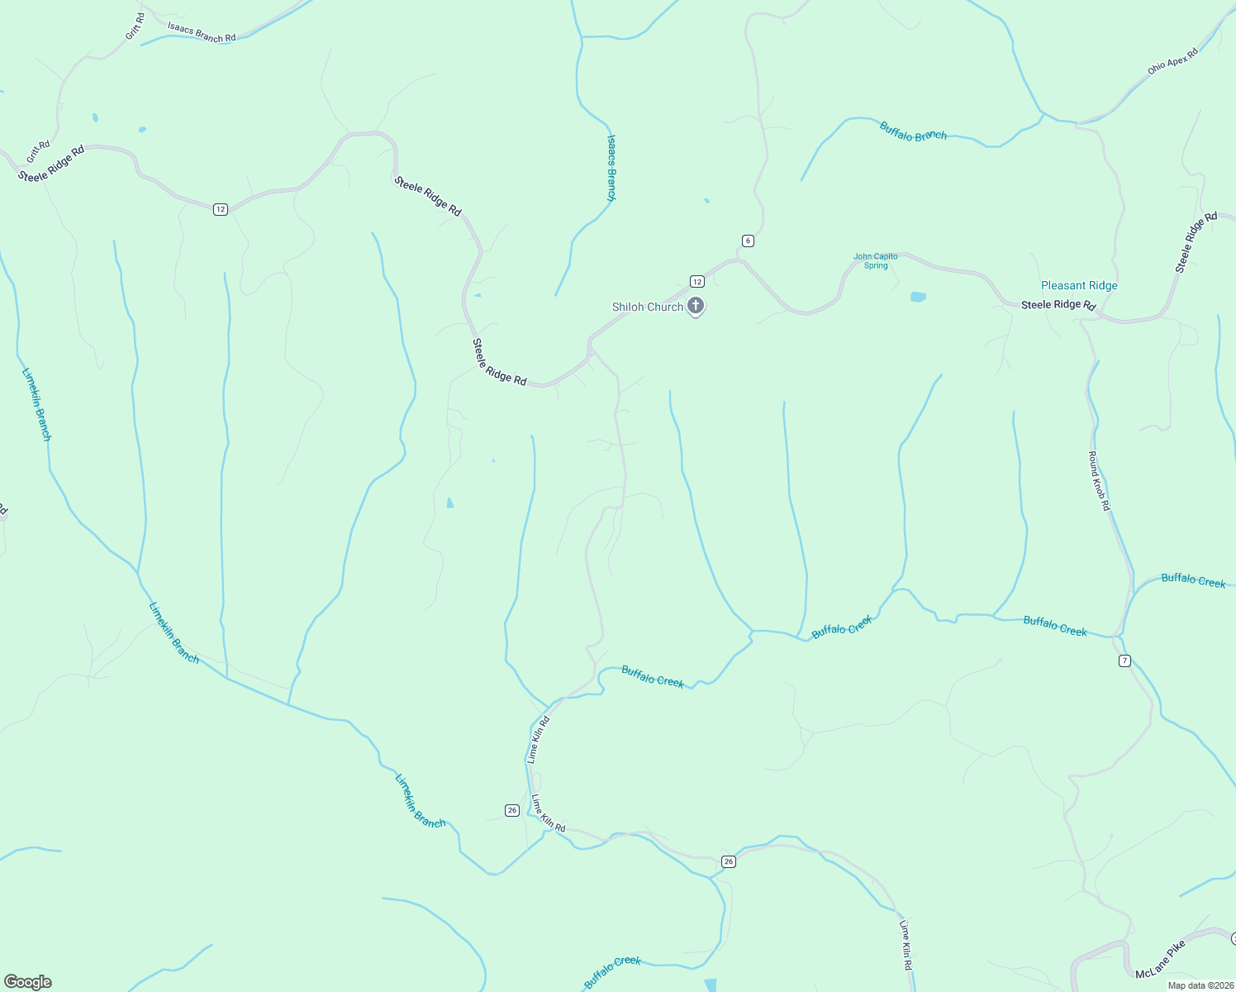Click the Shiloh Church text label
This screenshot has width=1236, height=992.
pos(647,307)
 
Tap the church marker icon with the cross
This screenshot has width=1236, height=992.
pos(696,306)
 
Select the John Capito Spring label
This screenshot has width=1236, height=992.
pos(875,261)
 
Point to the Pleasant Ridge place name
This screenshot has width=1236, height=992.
pos(1079,285)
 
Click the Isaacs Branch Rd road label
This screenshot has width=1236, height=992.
pos(202,32)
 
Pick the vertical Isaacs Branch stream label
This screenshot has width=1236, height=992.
pos(611,169)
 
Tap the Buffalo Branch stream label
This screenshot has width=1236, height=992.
pos(913,131)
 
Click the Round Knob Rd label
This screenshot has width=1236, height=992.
pos(1099,481)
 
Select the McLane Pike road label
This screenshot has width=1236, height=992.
pos(1160,959)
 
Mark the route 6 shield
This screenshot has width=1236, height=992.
pos(748,241)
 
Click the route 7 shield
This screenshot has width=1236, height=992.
pos(1124,661)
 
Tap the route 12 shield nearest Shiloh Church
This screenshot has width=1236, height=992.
pos(696,281)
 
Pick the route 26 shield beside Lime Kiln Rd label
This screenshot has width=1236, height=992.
pos(512,810)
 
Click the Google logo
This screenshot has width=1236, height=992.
pos(28,982)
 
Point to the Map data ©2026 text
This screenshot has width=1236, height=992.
pos(1200,985)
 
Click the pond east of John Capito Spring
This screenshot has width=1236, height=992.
pos(918,297)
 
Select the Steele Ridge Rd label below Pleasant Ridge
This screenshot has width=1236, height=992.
pos(1058,305)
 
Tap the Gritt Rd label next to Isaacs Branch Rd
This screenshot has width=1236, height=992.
pos(135,26)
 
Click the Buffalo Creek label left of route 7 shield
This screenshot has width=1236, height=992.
pos(1055,626)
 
